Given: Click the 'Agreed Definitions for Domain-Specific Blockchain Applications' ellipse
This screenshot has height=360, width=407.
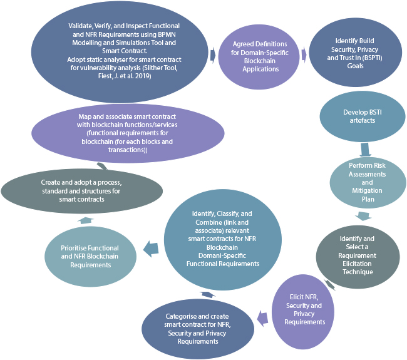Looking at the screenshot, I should coord(259,57).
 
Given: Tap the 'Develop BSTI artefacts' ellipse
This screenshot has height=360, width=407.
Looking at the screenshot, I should coord(359,116).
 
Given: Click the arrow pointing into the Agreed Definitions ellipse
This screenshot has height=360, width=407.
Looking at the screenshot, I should coord(213,56).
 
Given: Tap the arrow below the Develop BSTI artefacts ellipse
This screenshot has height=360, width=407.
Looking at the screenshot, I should coord(366,150).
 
